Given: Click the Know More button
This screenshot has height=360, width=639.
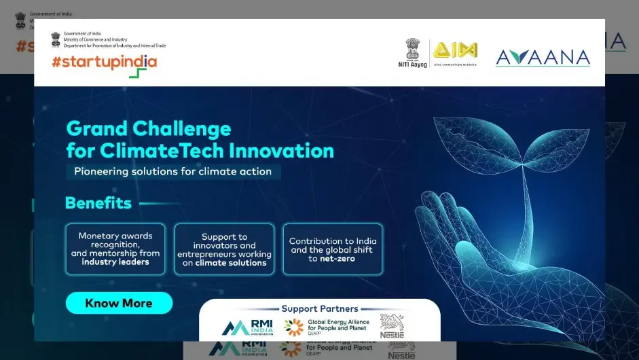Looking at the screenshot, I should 119,303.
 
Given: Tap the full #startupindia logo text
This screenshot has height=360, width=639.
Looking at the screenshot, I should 104,62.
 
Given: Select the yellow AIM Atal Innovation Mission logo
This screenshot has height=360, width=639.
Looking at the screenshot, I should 455,50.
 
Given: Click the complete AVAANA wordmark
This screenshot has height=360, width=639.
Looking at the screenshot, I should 543,58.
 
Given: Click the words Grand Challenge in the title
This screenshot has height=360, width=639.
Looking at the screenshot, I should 149,128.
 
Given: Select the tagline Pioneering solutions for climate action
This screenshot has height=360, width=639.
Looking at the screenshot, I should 172,171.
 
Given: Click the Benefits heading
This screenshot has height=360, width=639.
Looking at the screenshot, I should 98,203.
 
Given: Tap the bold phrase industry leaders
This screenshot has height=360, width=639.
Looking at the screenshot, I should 115,262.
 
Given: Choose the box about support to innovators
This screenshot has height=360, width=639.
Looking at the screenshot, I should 224,249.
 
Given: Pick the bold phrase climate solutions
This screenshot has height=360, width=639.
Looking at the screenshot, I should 231,263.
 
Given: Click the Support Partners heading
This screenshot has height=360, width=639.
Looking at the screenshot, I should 320,308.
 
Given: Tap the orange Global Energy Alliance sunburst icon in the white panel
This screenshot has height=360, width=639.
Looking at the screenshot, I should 293,327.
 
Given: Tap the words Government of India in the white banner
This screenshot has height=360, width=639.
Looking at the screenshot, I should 81,33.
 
